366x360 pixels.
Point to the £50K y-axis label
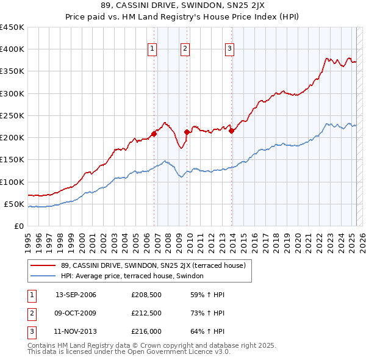(x=15, y=204)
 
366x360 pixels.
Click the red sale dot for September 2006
(x=154, y=134)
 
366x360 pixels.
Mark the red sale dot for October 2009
(x=187, y=132)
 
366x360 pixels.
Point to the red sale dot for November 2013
(x=232, y=131)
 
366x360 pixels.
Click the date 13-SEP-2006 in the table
(x=76, y=295)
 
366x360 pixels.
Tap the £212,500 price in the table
(x=146, y=314)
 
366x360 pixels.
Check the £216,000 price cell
(x=146, y=333)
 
